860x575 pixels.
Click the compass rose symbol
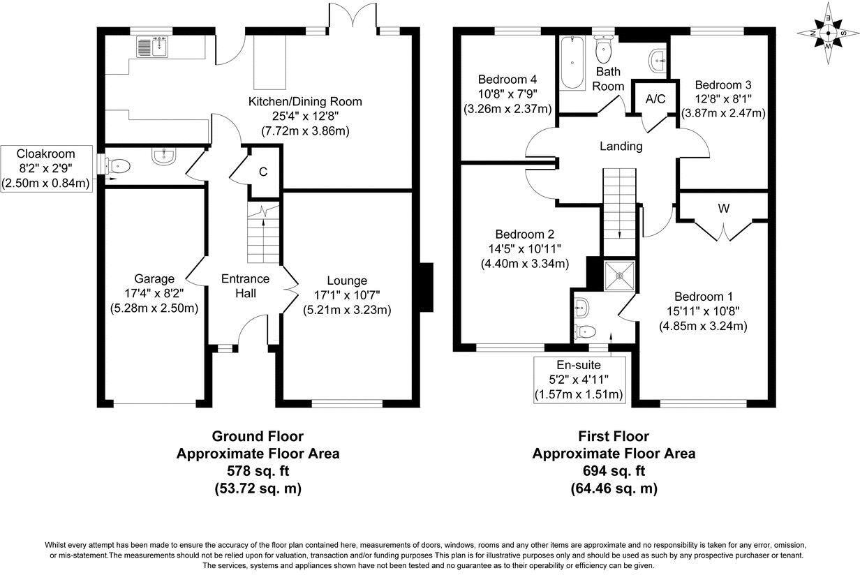tap(828, 33)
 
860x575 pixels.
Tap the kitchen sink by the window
tap(152, 47)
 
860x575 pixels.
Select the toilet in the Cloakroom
tap(118, 167)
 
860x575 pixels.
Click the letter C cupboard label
tap(263, 172)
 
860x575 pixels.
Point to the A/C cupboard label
tap(655, 99)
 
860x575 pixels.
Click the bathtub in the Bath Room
tap(572, 63)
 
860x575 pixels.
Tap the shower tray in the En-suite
tap(620, 276)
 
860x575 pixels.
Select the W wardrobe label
tap(724, 209)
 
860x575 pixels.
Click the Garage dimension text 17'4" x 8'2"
tap(154, 294)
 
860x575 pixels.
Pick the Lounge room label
tap(347, 281)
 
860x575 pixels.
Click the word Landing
tap(621, 147)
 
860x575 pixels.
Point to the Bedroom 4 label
tap(507, 80)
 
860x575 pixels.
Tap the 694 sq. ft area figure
tap(614, 470)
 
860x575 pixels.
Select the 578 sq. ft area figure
tap(258, 470)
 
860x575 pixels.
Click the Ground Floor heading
tap(258, 436)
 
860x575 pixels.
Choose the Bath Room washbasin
tap(658, 61)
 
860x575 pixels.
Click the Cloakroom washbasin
tap(164, 156)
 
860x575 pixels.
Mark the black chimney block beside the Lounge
tap(426, 287)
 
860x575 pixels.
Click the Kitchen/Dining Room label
tap(305, 102)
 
